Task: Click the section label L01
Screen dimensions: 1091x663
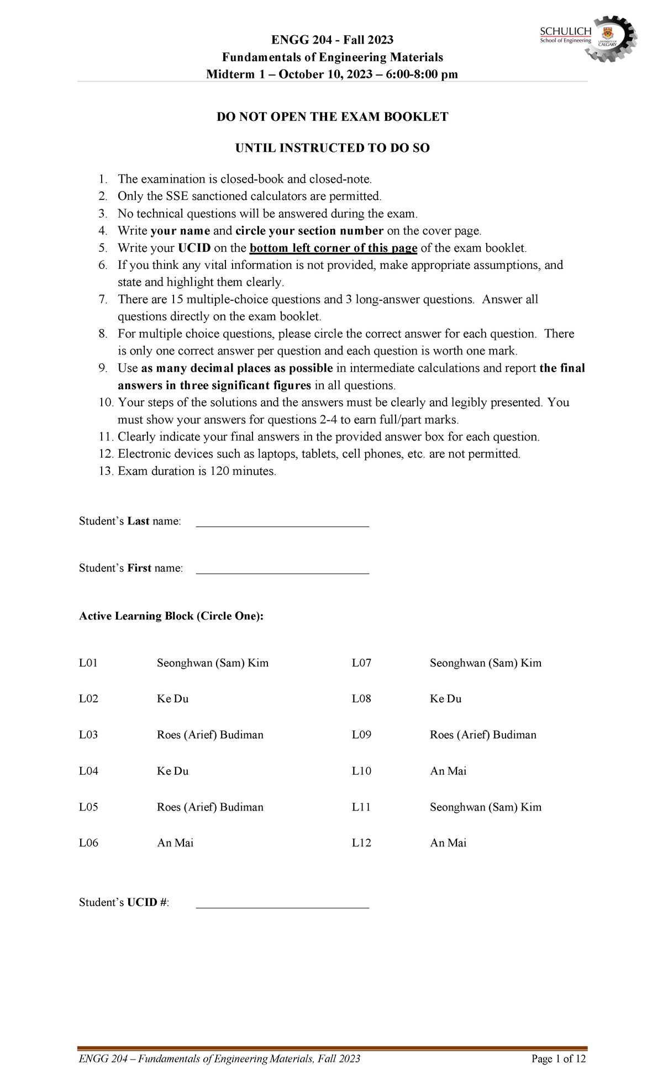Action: [x=88, y=663]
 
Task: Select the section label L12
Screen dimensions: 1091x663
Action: [x=361, y=843]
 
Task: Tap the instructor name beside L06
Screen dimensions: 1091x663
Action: [x=175, y=843]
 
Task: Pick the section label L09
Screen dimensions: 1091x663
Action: [x=361, y=735]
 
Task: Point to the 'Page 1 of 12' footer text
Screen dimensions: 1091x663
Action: [x=558, y=1059]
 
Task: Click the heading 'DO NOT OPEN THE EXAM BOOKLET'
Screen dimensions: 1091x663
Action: [x=332, y=117]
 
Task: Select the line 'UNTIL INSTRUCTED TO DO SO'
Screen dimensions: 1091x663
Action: [x=332, y=149]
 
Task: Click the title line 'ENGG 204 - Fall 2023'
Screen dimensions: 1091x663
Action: [x=332, y=40]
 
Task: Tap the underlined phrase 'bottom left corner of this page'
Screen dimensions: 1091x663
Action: [x=333, y=248]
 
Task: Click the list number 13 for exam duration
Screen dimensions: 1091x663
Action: [x=106, y=472]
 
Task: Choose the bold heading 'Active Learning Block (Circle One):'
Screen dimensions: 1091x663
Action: [x=171, y=616]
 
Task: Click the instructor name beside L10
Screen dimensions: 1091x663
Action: [x=448, y=771]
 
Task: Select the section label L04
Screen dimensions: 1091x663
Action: [x=88, y=771]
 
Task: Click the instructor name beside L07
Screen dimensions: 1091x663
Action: [x=486, y=663]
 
